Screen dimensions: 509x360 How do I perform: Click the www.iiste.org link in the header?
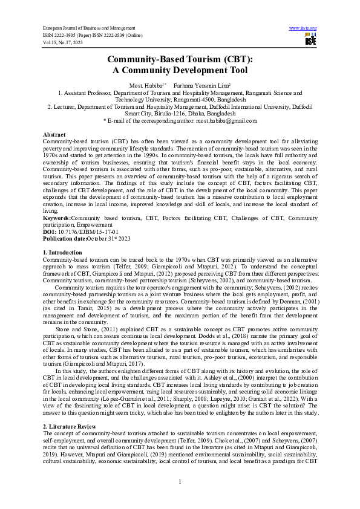click(x=303, y=28)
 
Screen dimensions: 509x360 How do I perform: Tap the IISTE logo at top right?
click(x=311, y=41)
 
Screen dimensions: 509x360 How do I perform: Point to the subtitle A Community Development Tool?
click(x=180, y=70)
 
